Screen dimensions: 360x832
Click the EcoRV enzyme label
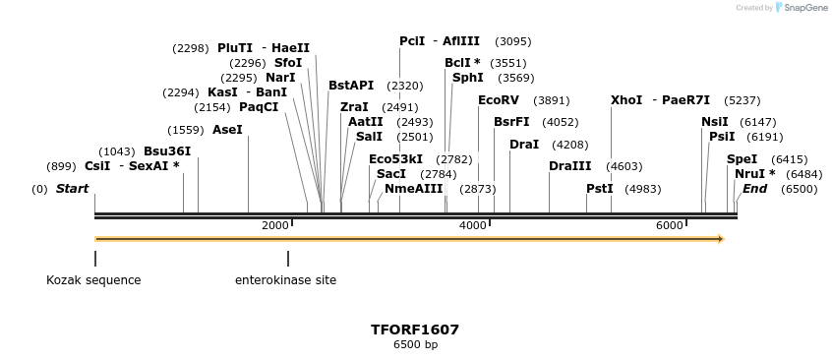click(498, 100)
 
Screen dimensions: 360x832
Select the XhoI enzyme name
click(625, 100)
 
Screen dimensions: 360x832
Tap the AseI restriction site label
click(227, 130)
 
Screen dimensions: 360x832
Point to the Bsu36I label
click(167, 151)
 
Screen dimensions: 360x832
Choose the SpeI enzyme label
click(742, 158)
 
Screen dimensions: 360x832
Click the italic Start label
click(72, 189)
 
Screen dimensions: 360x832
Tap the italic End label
click(754, 189)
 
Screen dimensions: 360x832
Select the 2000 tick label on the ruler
click(275, 225)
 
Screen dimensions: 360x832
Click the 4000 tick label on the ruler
click(473, 225)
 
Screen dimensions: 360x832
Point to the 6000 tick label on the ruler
click(670, 225)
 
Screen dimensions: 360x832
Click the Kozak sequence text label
click(93, 280)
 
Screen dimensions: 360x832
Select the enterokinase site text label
click(285, 280)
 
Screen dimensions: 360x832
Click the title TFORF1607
click(415, 330)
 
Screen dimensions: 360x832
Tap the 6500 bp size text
click(415, 345)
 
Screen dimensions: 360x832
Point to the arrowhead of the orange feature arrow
click(720, 239)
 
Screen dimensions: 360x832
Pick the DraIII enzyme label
click(570, 166)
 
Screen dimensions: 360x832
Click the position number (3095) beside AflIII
click(513, 41)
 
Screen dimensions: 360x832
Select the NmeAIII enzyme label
click(413, 189)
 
